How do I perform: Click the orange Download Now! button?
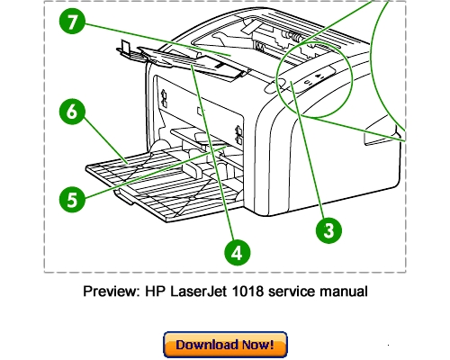click(x=224, y=345)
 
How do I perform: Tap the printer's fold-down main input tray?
click(x=153, y=184)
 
